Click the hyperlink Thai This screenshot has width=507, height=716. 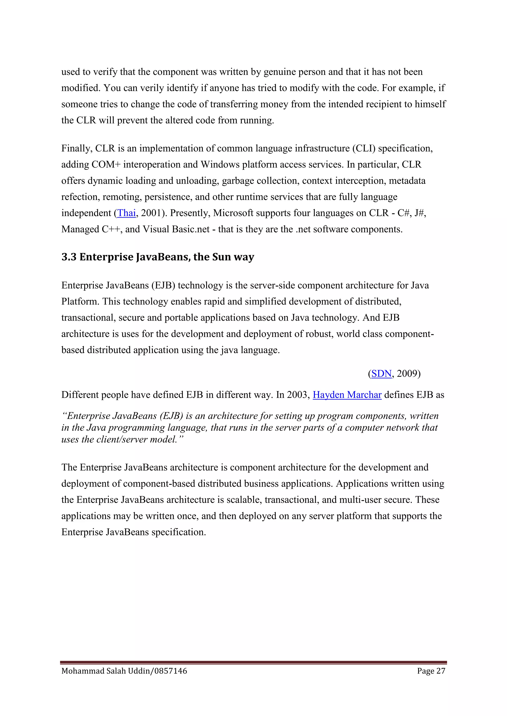(127, 213)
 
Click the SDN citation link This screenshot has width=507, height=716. (381, 374)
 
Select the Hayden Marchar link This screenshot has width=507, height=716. (347, 395)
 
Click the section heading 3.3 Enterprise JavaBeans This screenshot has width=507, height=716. (158, 257)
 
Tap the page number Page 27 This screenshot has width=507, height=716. (431, 671)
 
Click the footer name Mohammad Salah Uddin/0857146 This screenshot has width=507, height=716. (124, 671)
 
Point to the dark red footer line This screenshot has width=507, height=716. (253, 662)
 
